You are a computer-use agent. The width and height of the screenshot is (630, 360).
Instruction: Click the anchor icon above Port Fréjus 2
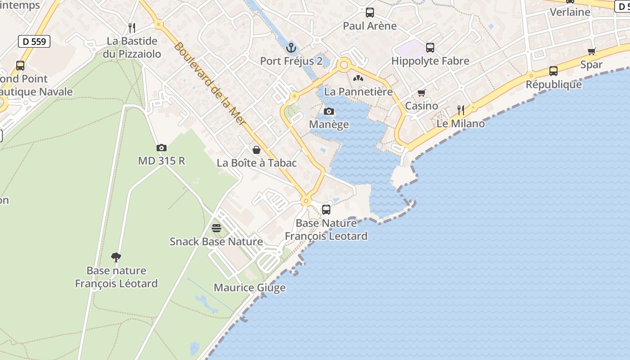click(x=291, y=47)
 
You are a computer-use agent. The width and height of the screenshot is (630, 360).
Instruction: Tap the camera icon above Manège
click(x=329, y=111)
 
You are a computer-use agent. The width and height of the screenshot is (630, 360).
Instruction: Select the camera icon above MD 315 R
click(x=162, y=148)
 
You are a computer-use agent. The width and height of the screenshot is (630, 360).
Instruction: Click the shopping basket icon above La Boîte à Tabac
click(x=256, y=150)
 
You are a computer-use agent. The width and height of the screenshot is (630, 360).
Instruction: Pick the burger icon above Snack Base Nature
click(x=216, y=228)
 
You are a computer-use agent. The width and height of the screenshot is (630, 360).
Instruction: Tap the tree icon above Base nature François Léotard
click(x=116, y=257)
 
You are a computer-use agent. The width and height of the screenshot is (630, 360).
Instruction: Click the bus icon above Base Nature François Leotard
click(x=326, y=209)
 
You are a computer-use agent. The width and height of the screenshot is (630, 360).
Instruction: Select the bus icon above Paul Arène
click(x=370, y=13)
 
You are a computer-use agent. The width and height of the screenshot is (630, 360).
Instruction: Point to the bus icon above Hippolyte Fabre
click(x=430, y=47)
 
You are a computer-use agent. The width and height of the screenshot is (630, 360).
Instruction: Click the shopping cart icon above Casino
click(x=422, y=93)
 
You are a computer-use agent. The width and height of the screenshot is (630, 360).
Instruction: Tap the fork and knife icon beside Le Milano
click(x=461, y=110)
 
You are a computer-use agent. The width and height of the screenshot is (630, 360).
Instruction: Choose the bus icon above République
click(x=553, y=71)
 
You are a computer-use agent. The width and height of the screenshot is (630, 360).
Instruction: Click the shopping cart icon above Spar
click(x=591, y=51)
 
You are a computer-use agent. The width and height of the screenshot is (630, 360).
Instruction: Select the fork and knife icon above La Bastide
click(x=132, y=28)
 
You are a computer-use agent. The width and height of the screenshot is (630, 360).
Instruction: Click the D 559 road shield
click(x=34, y=41)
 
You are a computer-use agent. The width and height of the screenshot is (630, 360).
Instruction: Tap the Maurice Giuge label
click(x=250, y=288)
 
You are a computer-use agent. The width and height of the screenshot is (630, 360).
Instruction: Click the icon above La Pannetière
click(x=358, y=78)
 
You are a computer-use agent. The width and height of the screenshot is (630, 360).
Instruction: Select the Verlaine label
click(x=570, y=12)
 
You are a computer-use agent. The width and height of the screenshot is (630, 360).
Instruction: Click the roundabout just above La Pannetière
click(x=345, y=65)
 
